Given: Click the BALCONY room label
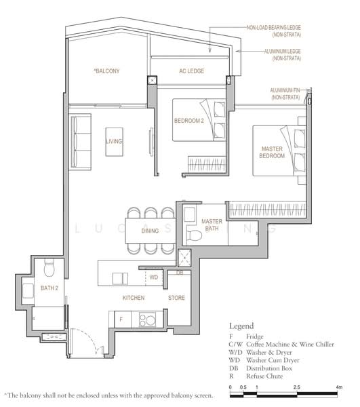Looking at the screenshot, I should [x=106, y=71].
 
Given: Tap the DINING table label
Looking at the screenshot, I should [x=150, y=231].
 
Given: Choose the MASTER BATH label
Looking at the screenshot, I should [x=212, y=225].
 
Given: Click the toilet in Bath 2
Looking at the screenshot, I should [x=48, y=269].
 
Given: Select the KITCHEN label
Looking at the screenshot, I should [x=133, y=298].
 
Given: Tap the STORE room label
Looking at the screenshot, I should [x=176, y=298].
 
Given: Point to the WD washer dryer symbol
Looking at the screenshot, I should [x=154, y=277].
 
